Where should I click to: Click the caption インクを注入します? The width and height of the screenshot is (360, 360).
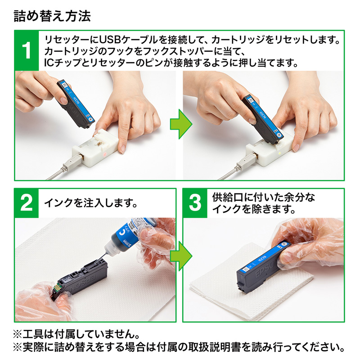[90, 203]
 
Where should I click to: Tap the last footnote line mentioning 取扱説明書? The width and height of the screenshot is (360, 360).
[179, 348]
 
